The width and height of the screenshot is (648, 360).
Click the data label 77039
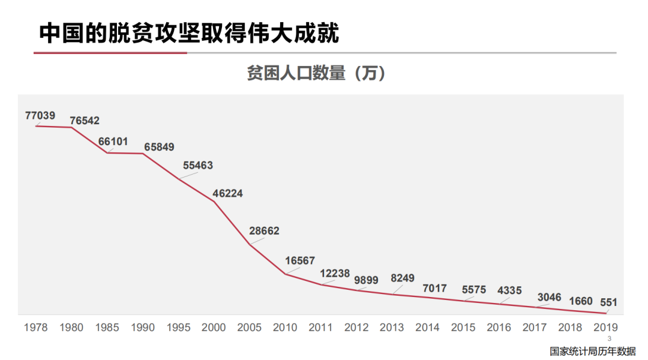coord(40,115)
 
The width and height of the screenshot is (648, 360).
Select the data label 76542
coord(85,121)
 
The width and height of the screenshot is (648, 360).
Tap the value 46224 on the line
coord(228,194)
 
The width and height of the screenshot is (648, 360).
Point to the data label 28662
coord(264,231)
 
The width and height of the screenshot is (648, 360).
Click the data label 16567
coord(300,260)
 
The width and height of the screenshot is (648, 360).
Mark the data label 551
coord(608,302)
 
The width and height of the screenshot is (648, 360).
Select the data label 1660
coord(580,301)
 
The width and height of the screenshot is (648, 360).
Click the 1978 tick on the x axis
coord(36,328)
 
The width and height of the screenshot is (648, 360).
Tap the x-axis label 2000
coord(214,328)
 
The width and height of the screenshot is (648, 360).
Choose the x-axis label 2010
coord(285,328)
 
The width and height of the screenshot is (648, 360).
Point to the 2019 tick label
coord(605,328)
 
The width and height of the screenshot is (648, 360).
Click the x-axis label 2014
coord(427,328)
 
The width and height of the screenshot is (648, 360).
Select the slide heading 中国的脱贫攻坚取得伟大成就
coord(189,33)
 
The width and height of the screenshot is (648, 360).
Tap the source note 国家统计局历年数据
coord(592,351)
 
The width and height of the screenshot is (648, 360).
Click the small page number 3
coord(609,339)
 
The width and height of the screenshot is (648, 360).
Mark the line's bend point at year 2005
coord(250,244)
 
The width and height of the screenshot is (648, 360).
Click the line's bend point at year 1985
coord(107,153)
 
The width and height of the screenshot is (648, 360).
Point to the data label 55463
coord(198,165)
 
